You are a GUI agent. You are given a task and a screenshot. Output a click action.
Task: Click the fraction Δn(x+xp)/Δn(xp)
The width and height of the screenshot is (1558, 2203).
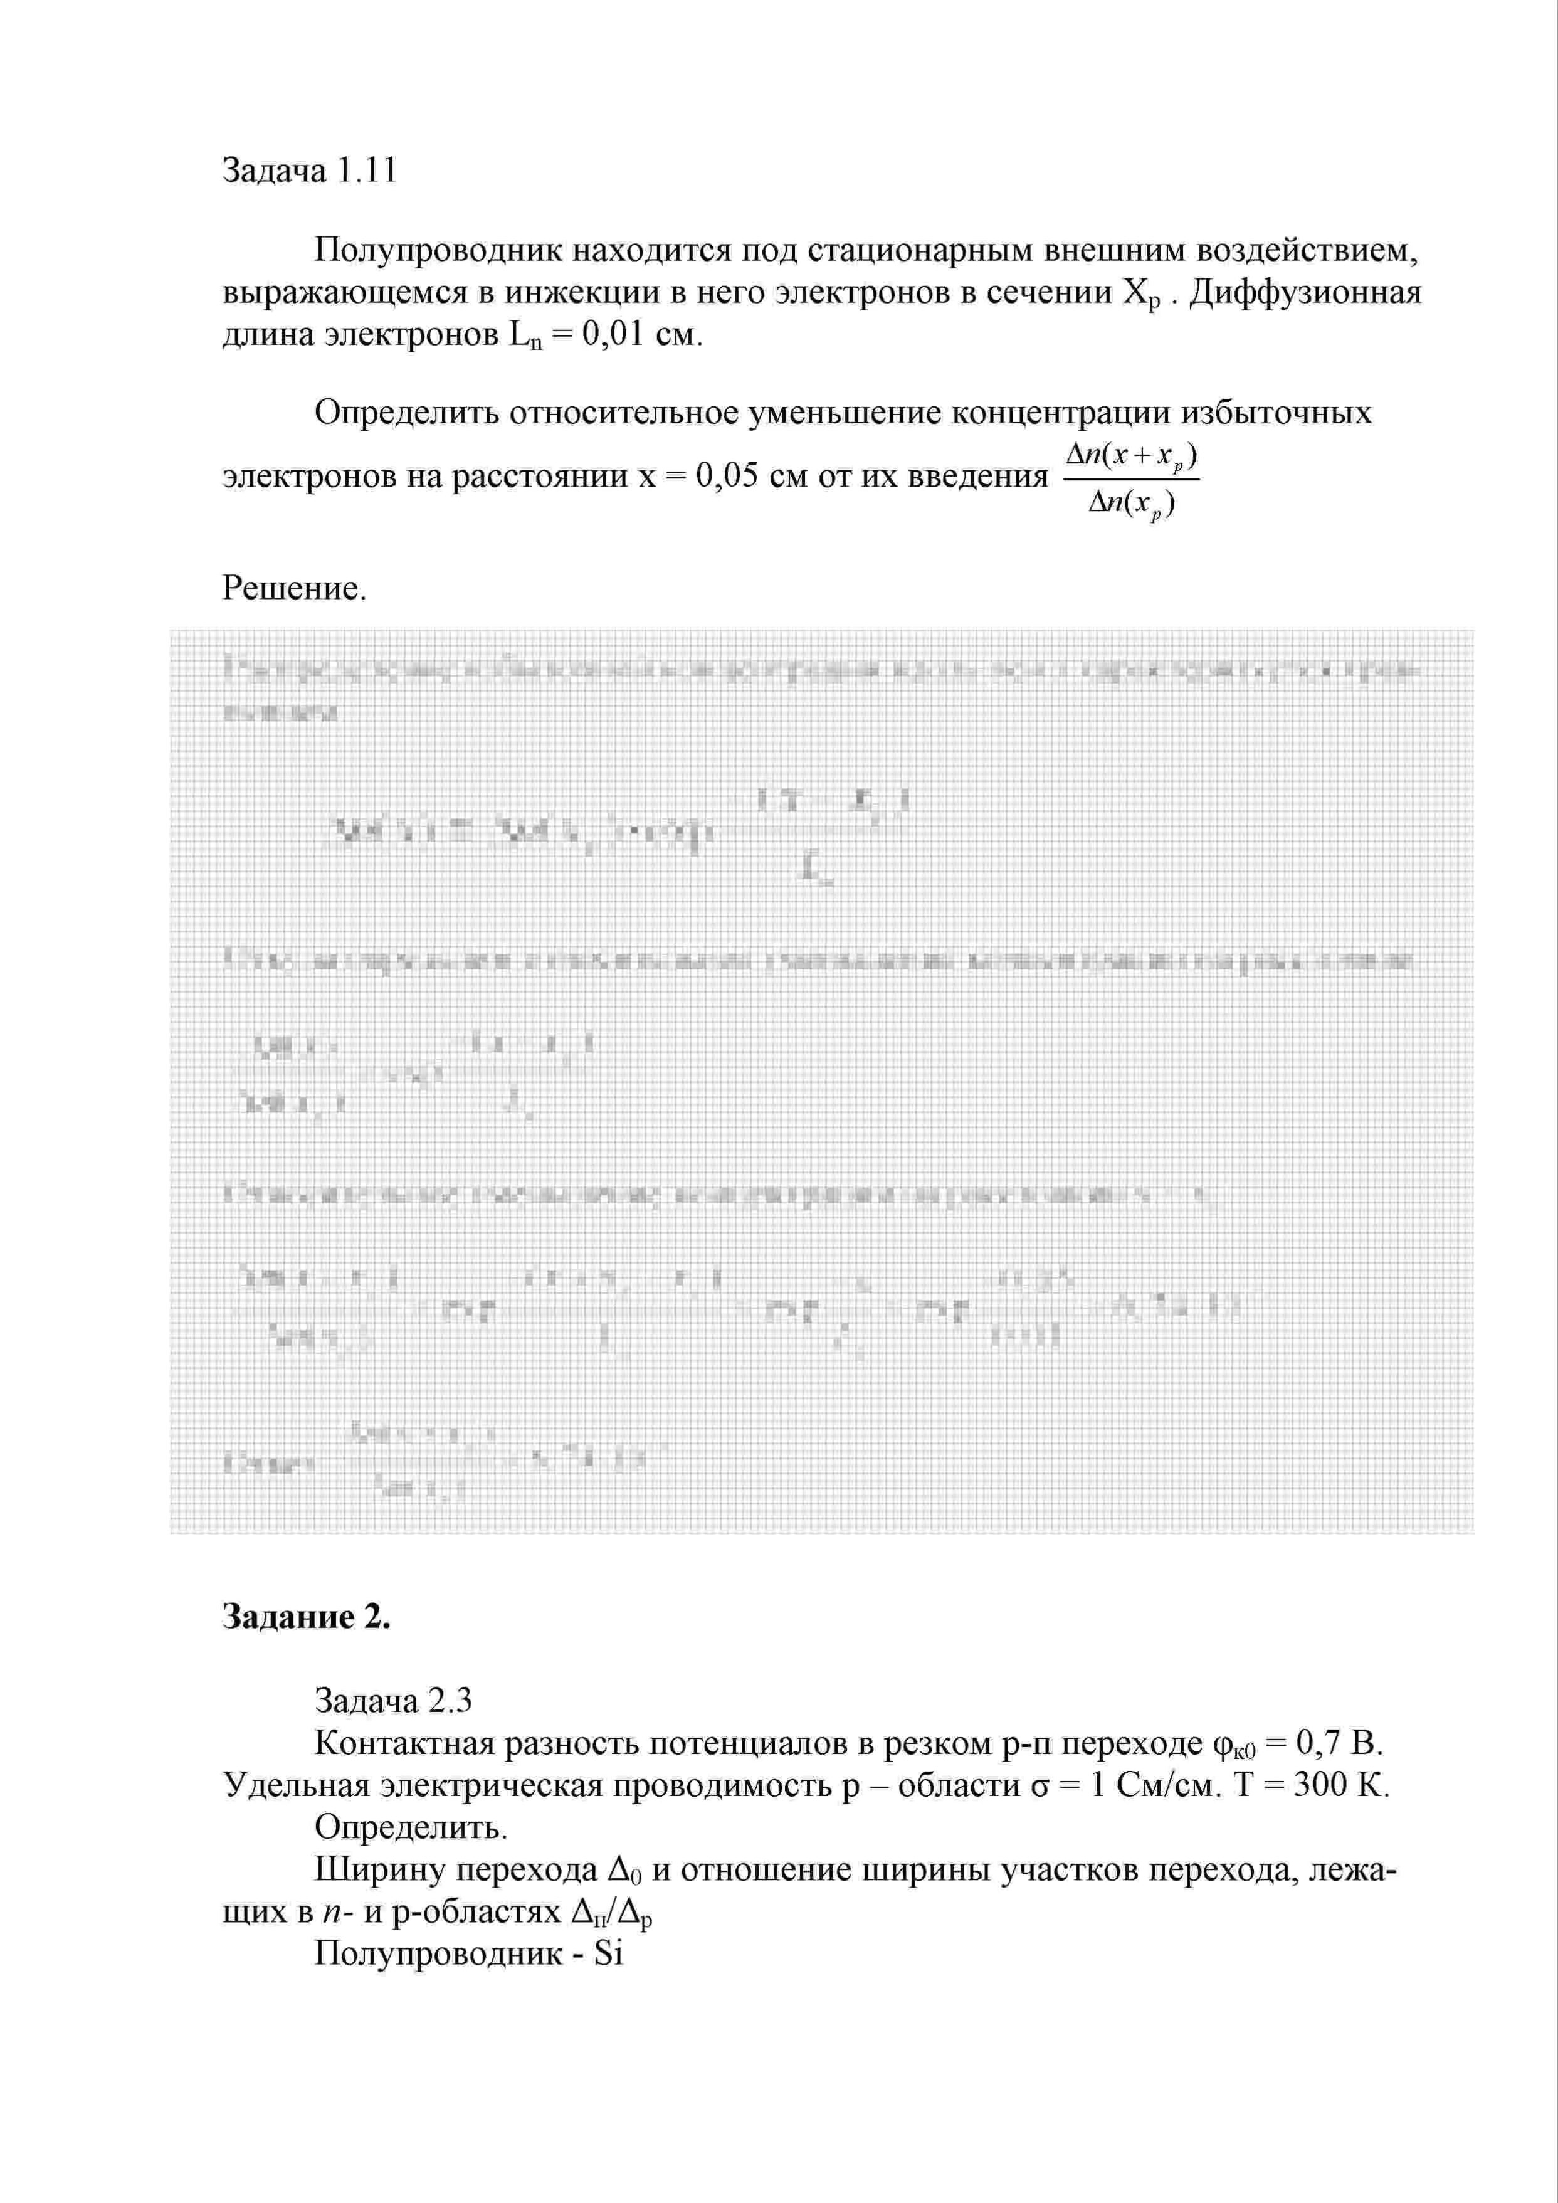[x=1132, y=480]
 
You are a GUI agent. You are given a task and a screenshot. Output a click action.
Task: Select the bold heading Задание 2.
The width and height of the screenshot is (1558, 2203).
[x=306, y=1616]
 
